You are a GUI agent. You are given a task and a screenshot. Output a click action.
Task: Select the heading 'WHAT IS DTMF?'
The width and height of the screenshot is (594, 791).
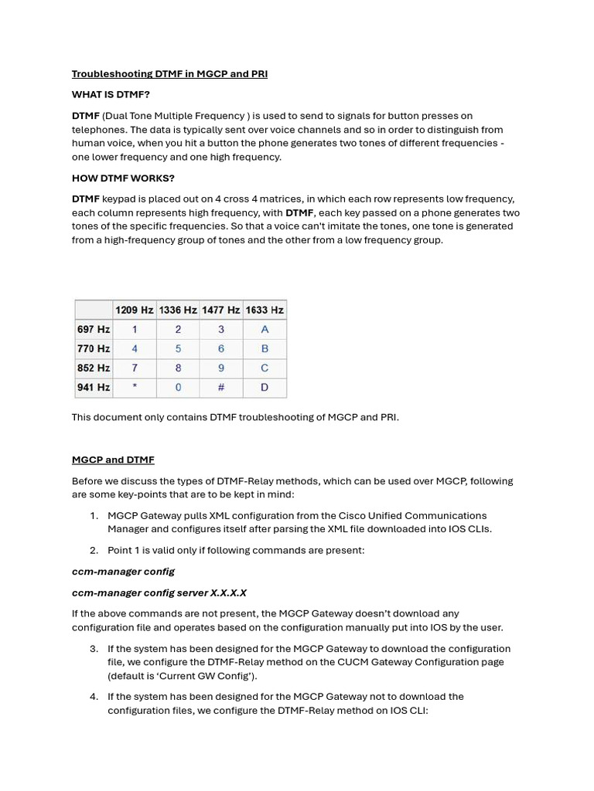tap(111, 94)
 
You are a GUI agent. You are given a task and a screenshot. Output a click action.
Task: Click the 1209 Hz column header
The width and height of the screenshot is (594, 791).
tap(134, 310)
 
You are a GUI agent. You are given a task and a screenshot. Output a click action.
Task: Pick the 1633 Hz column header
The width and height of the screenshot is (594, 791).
tap(265, 310)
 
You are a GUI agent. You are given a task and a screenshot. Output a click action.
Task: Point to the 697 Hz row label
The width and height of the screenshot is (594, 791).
tap(93, 329)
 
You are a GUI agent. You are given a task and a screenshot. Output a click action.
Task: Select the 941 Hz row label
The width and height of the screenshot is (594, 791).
tap(93, 387)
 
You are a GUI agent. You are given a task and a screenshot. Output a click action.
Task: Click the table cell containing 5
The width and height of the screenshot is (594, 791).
tap(178, 348)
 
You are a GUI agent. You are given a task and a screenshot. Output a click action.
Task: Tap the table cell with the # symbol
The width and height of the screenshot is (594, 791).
tap(221, 387)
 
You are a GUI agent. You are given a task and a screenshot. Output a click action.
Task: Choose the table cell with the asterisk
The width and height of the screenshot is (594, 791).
tap(135, 387)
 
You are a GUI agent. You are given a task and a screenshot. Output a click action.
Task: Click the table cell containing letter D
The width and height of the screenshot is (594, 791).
tap(265, 387)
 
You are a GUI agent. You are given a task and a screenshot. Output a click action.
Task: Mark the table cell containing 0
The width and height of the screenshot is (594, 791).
tap(178, 387)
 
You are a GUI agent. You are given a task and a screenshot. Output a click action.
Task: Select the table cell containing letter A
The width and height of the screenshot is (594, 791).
tap(265, 329)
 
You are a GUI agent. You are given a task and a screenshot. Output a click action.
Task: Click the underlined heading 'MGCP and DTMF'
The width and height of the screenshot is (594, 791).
tap(113, 460)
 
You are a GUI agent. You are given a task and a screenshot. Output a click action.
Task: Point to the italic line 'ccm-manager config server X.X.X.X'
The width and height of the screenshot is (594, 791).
tap(159, 592)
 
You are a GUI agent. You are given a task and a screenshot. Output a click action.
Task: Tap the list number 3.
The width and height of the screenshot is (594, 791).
tap(94, 649)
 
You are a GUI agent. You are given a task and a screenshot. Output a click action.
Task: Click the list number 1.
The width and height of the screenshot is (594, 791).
tap(94, 515)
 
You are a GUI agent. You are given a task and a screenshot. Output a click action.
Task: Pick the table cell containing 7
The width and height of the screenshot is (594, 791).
tap(135, 368)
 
